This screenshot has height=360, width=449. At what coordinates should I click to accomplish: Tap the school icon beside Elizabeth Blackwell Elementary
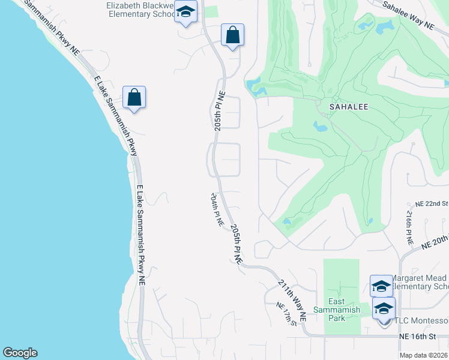tap(186, 12)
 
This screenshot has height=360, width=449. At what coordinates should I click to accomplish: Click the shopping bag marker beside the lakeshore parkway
tap(134, 97)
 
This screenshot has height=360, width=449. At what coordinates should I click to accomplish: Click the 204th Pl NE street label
tap(217, 209)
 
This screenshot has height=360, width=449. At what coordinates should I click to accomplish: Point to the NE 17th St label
tap(286, 314)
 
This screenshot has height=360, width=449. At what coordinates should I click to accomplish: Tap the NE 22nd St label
tap(427, 204)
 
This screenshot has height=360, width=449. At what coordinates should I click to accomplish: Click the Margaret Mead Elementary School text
tap(420, 283)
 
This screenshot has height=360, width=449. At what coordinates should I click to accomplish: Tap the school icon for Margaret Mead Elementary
tap(381, 286)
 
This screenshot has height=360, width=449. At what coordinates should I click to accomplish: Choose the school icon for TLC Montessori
tap(384, 310)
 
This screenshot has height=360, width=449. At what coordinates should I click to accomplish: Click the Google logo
tap(20, 353)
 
